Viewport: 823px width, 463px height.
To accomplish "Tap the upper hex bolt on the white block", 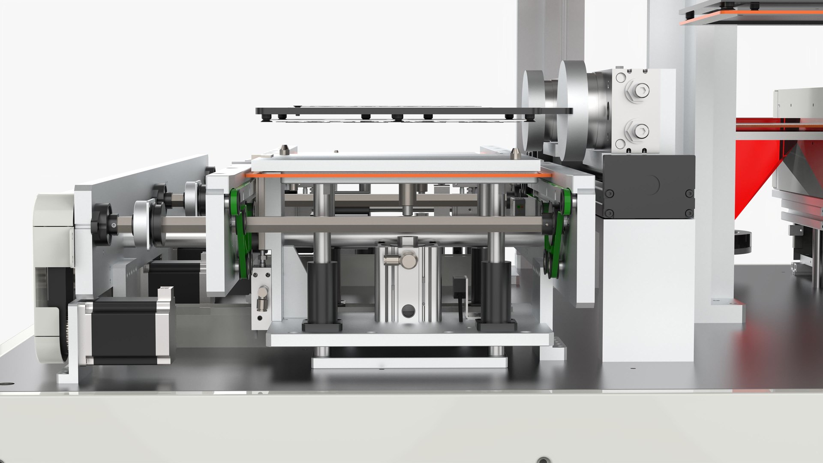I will [x=637, y=91].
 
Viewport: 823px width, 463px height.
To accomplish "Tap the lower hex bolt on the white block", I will [x=637, y=130].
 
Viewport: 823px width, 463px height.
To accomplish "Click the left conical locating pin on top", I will [x=283, y=150].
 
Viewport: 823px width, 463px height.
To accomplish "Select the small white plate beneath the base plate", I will [x=409, y=362].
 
